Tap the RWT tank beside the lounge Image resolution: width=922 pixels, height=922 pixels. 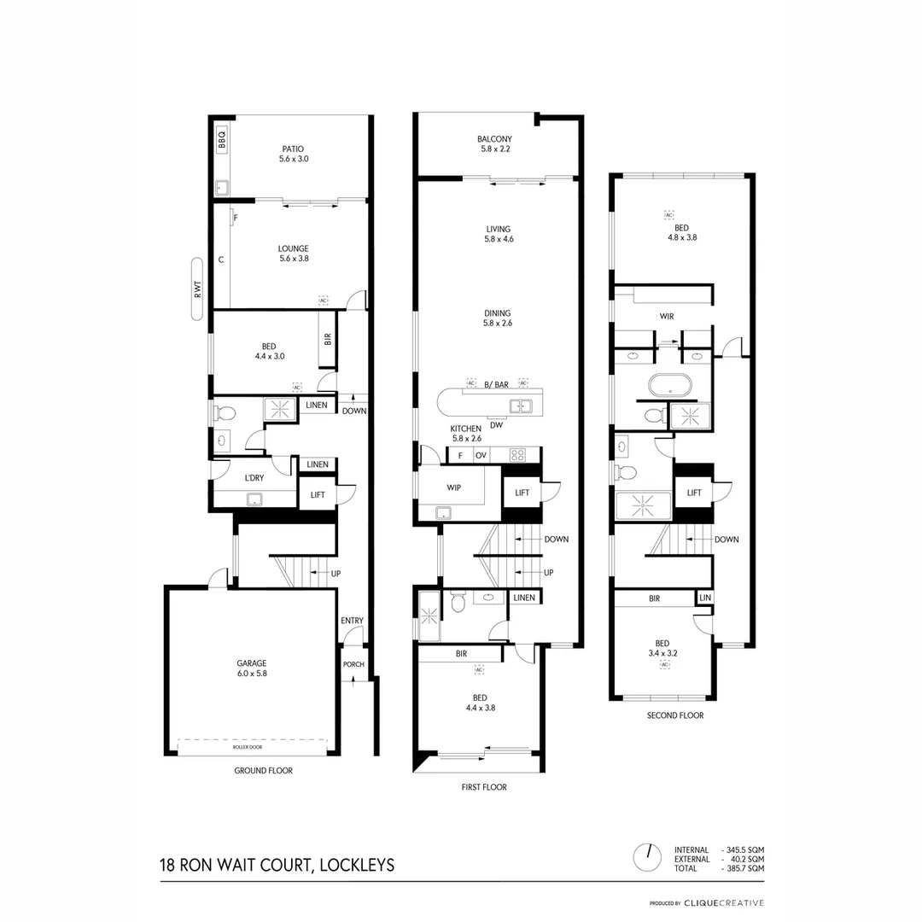click(x=197, y=289)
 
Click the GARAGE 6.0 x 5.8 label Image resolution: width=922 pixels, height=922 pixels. click(x=252, y=668)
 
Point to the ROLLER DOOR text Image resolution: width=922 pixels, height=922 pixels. click(x=248, y=747)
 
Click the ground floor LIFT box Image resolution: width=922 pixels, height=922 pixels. click(x=317, y=494)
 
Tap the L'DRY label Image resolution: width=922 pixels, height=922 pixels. click(x=254, y=478)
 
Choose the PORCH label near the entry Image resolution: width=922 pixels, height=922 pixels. click(x=353, y=664)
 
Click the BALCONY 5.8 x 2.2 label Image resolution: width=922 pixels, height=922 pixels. click(x=494, y=143)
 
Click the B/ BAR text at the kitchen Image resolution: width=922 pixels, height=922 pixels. click(x=496, y=385)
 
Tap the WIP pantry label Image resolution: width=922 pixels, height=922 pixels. click(x=454, y=487)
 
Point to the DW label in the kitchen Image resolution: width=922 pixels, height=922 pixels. click(x=497, y=425)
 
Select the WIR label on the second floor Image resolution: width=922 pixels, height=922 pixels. click(x=667, y=316)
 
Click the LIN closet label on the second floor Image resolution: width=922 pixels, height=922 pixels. click(x=704, y=598)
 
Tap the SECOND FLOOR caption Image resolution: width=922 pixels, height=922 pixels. click(x=675, y=715)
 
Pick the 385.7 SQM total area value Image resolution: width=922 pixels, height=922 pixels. click(x=745, y=868)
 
